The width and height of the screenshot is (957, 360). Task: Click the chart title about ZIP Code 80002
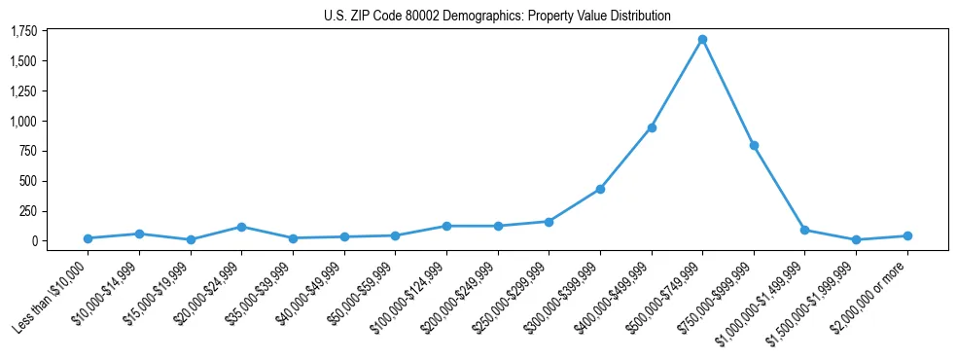point(497,17)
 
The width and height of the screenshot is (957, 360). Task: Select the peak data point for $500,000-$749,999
point(702,40)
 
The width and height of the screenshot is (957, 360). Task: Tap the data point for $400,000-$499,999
point(652,127)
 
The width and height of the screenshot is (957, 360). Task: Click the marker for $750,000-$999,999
point(754,145)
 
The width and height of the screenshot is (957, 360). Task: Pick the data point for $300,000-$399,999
point(600,189)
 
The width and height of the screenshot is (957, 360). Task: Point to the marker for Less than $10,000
point(88,238)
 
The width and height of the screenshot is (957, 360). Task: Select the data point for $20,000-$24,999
point(241,227)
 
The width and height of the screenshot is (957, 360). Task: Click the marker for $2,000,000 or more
point(907,235)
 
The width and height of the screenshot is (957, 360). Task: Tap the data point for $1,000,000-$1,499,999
point(804,230)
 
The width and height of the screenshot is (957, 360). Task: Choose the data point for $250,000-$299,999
point(549,222)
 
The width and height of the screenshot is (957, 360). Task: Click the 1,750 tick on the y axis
point(23,31)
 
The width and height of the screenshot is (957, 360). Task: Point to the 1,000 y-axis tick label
point(23,122)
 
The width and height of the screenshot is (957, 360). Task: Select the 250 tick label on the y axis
point(29,211)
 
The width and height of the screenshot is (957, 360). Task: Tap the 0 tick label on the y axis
point(35,241)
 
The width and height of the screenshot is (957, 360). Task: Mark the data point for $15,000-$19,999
point(191,239)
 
